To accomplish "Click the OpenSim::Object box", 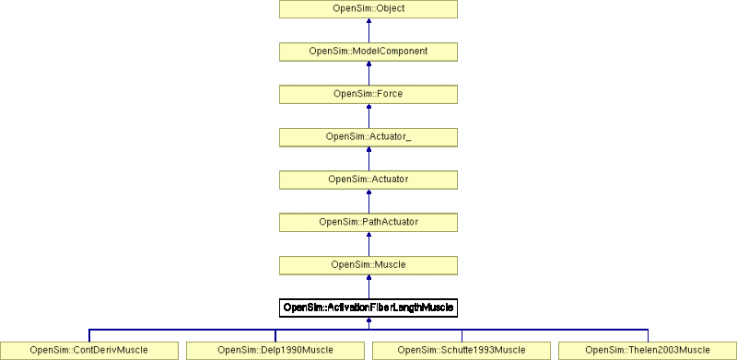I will pos(368,10).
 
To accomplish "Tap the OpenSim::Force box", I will pos(368,95).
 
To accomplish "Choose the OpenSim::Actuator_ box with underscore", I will pos(368,137).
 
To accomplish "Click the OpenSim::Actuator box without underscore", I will pos(368,180).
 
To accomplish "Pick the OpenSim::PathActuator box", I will pos(368,222).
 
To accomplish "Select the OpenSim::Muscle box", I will pos(368,265).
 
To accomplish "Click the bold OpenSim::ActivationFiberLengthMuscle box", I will pos(368,308).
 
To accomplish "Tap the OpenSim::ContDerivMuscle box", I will pos(89,350).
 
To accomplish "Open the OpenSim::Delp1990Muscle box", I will pos(275,350).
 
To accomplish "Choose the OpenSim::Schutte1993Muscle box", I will pos(462,350).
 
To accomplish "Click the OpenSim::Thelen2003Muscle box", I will pos(648,350).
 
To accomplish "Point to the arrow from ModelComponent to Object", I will pos(368,31).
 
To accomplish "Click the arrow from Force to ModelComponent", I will pos(368,74).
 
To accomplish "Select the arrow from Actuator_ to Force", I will pos(368,116).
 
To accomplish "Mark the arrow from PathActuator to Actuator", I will pos(368,201).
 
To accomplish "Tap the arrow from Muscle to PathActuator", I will pos(368,244).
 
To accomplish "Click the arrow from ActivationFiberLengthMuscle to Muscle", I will pos(368,286).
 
